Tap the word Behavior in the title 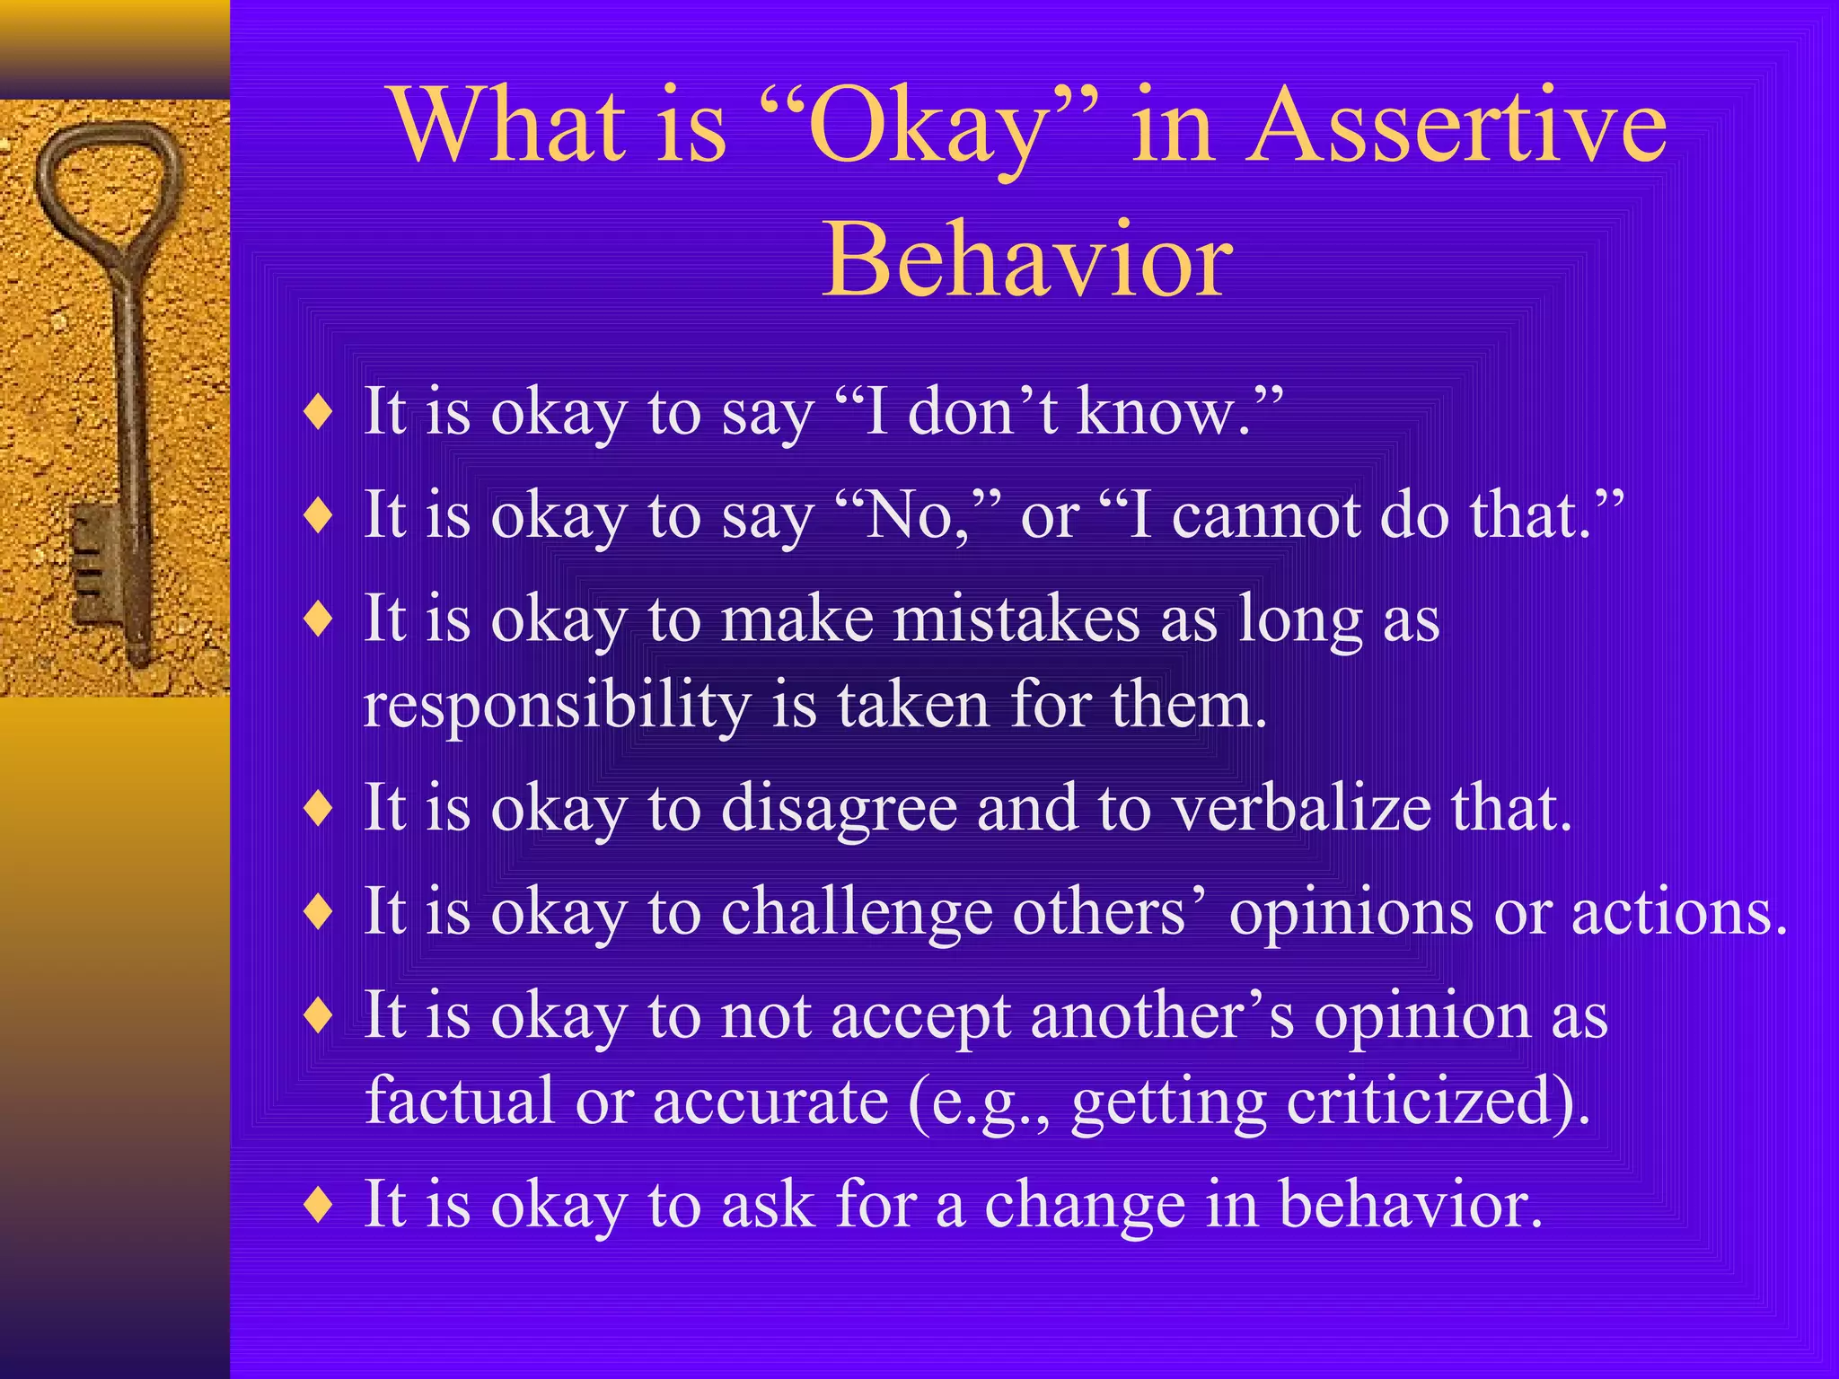pos(1027,260)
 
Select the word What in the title pos(509,126)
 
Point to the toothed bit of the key pos(94,566)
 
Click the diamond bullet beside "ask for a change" pos(319,1205)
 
